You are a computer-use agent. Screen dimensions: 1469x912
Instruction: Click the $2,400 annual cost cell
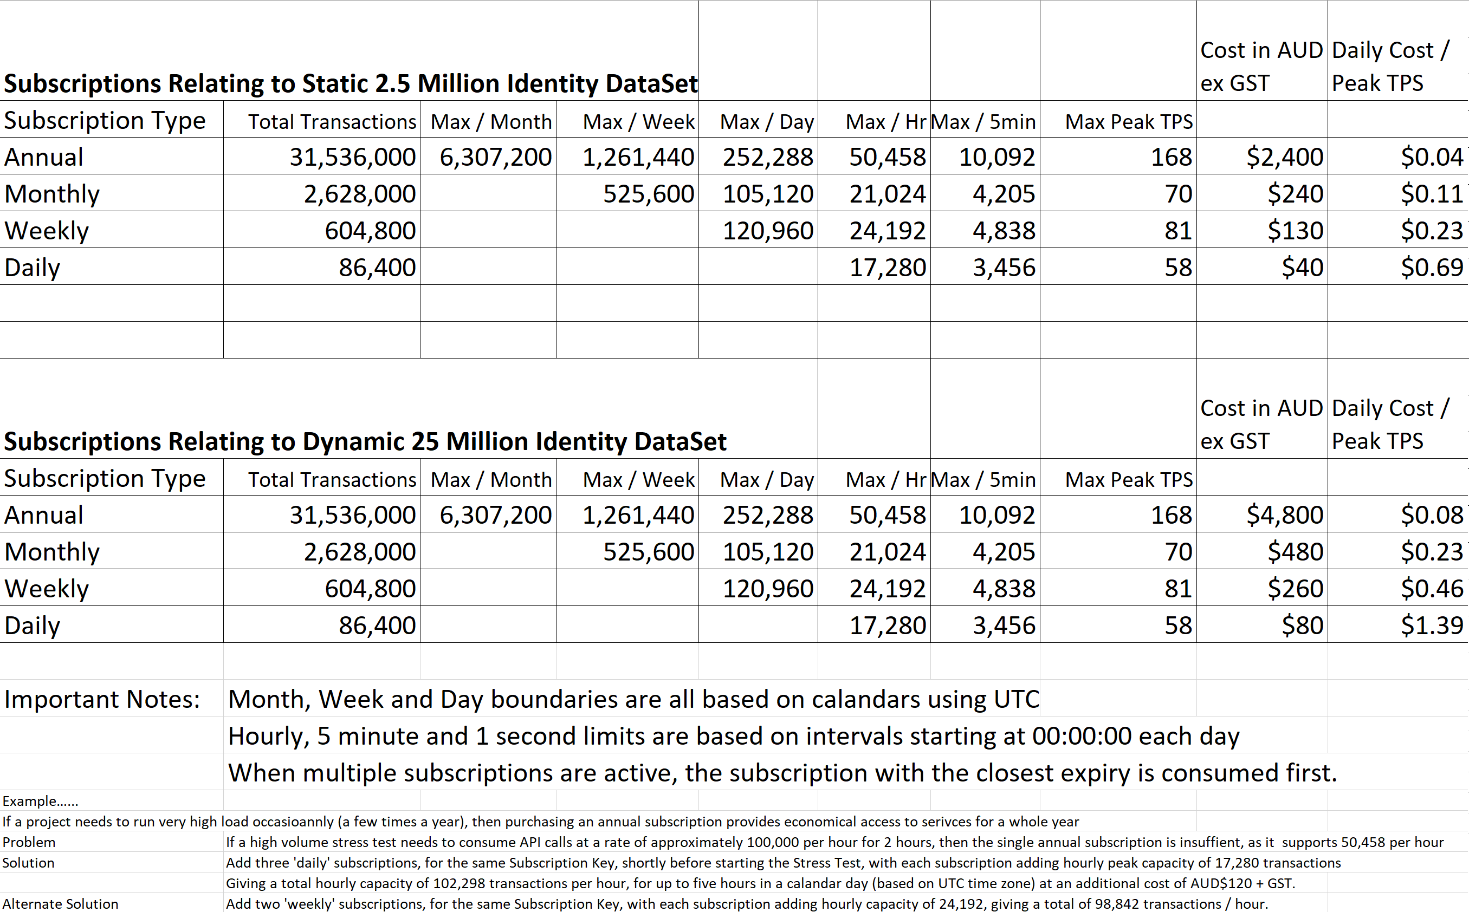pyautogui.click(x=1285, y=157)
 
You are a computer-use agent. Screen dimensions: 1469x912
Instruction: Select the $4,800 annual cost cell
pyautogui.click(x=1285, y=514)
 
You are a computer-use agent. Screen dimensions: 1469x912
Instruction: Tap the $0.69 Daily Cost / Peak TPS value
pyautogui.click(x=1432, y=267)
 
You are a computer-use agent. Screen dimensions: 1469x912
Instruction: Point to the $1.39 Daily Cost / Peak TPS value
pyautogui.click(x=1432, y=625)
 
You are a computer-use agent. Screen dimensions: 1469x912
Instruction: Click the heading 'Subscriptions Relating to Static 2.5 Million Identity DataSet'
pyautogui.click(x=351, y=83)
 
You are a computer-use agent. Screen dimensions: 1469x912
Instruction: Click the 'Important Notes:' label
pyautogui.click(x=102, y=699)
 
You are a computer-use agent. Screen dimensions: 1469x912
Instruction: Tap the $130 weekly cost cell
pyautogui.click(x=1295, y=230)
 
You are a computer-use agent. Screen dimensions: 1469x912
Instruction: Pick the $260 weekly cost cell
pyautogui.click(x=1295, y=588)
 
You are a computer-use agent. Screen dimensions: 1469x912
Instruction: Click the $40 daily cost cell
pyautogui.click(x=1303, y=267)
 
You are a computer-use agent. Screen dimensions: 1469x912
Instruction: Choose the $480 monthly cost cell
pyautogui.click(x=1295, y=551)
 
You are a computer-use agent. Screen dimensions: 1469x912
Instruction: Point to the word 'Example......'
pyautogui.click(x=41, y=801)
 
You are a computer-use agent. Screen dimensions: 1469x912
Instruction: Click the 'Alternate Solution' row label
pyautogui.click(x=60, y=903)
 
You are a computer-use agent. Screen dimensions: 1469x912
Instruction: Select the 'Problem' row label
pyautogui.click(x=29, y=842)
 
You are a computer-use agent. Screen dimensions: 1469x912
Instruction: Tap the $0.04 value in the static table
pyautogui.click(x=1432, y=157)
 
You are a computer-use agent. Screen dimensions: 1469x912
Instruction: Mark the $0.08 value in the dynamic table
pyautogui.click(x=1432, y=514)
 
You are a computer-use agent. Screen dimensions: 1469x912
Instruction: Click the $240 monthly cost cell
pyautogui.click(x=1295, y=194)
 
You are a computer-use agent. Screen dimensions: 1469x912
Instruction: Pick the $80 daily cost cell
pyautogui.click(x=1303, y=625)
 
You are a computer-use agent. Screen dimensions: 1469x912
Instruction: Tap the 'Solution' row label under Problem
pyautogui.click(x=28, y=863)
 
